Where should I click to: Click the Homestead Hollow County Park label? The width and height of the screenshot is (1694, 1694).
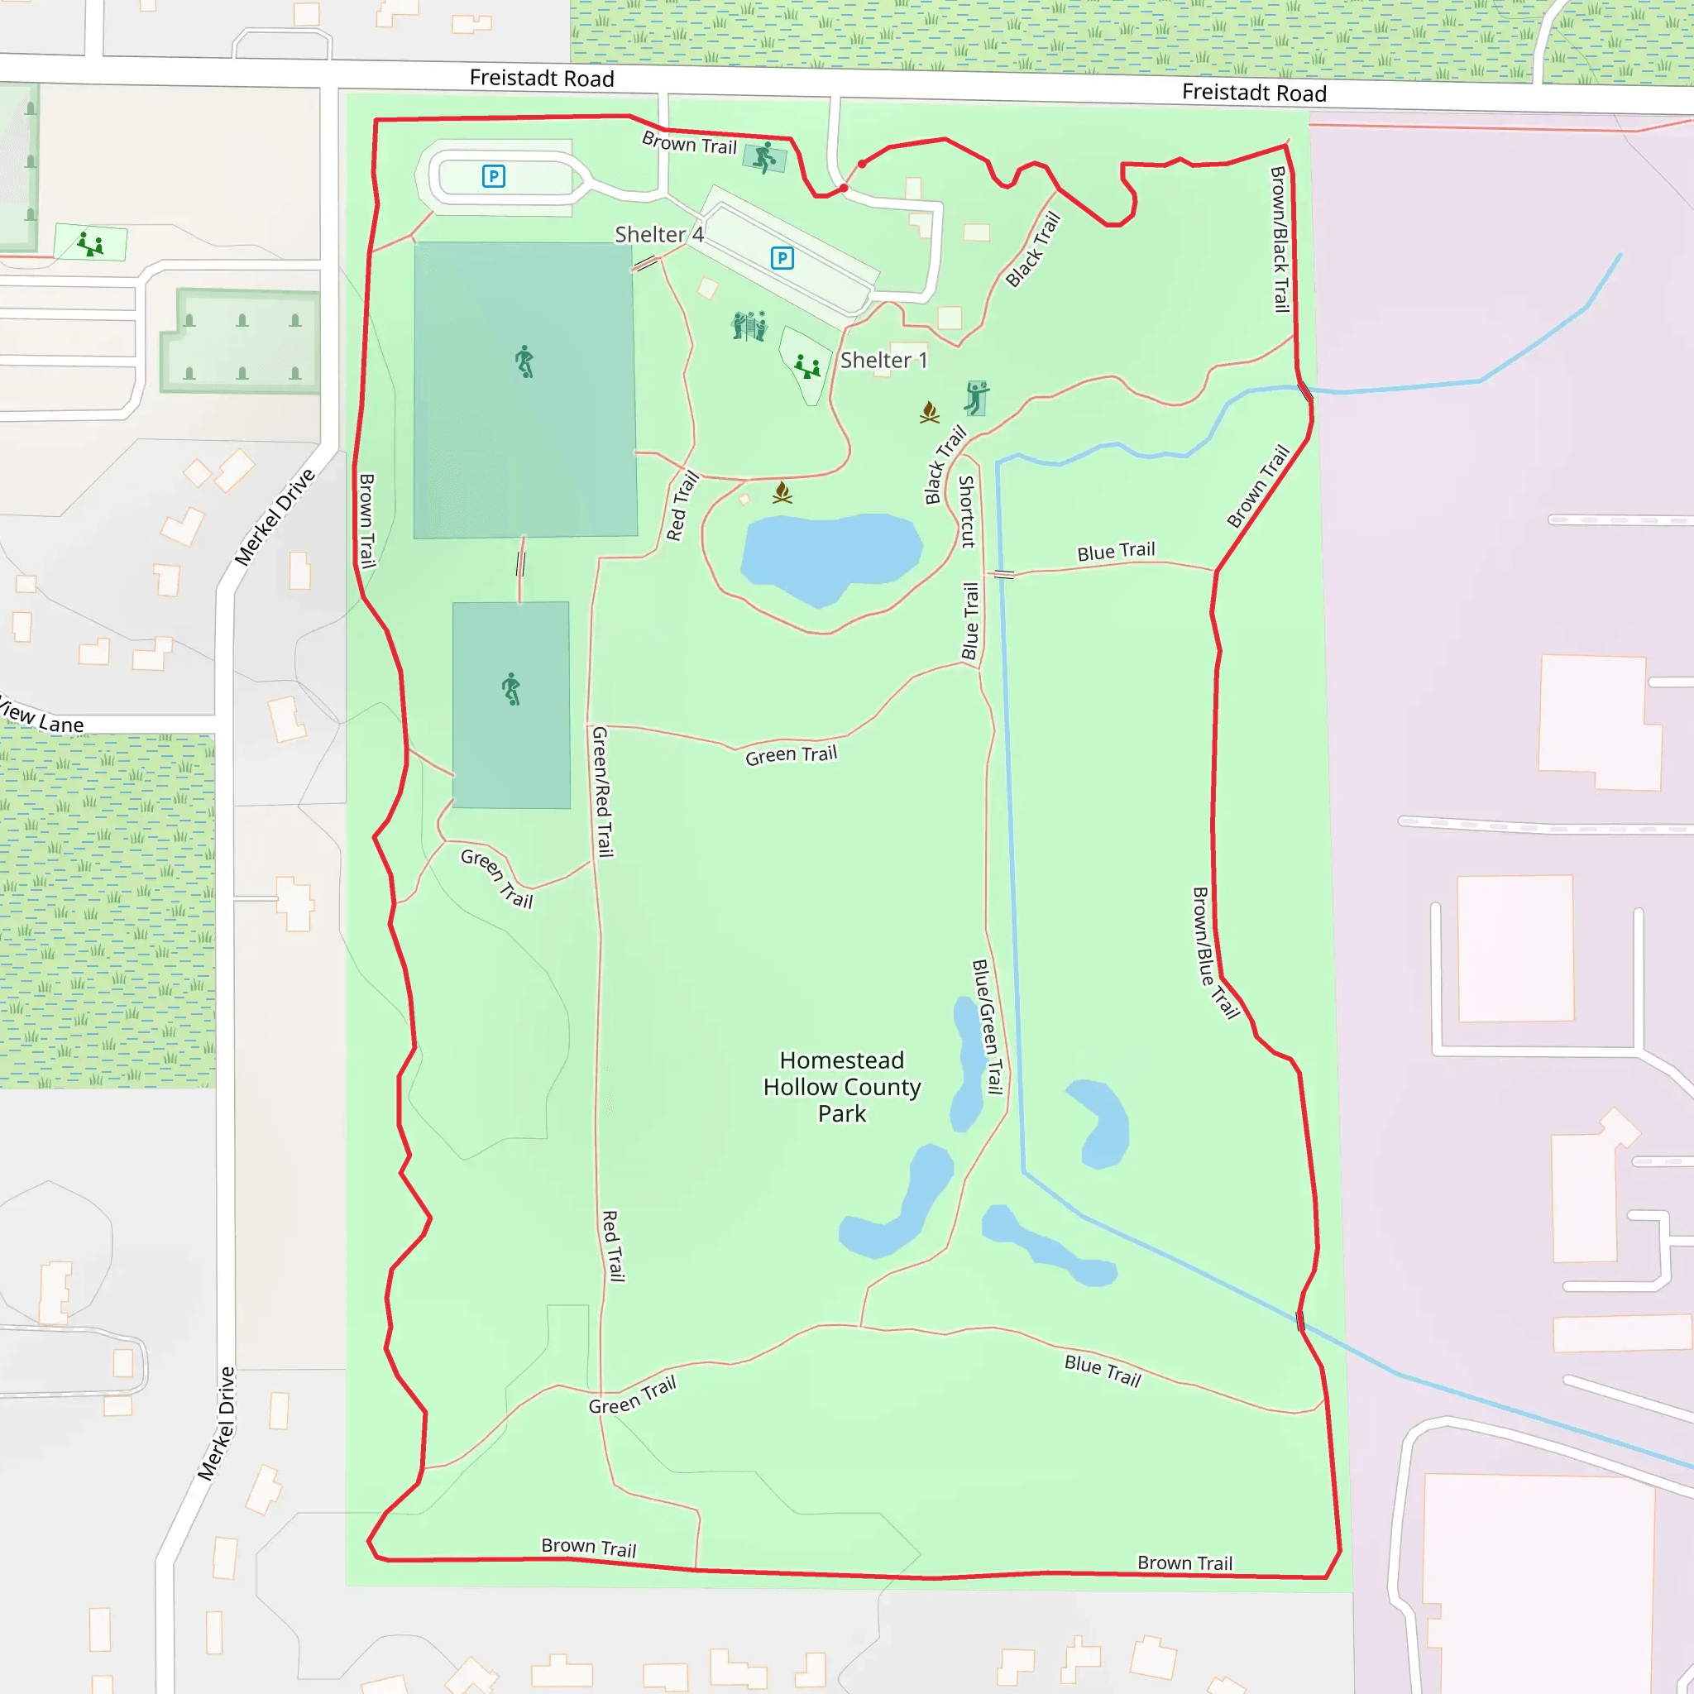tap(842, 1086)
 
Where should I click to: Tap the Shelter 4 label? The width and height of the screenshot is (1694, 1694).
tap(658, 234)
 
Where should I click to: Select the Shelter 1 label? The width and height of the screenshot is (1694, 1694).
tap(883, 361)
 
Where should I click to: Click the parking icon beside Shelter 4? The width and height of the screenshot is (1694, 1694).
tap(782, 258)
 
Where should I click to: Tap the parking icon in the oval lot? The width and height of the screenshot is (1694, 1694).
tap(494, 176)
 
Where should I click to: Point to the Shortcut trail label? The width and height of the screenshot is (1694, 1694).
tap(967, 511)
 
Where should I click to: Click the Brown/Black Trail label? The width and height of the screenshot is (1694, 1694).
tap(1280, 238)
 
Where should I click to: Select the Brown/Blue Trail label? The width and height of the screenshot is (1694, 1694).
tap(1215, 953)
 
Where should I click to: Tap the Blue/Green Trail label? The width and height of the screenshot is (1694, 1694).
tap(988, 1026)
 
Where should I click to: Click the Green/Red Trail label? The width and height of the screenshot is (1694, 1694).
tap(602, 791)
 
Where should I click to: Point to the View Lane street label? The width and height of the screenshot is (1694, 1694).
tap(41, 716)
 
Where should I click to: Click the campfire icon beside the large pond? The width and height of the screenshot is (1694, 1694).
tap(782, 493)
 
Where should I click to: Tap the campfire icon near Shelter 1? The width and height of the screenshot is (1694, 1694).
tap(930, 411)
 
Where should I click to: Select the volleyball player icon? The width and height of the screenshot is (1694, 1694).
tap(976, 397)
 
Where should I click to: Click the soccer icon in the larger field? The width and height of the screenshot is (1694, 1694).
tap(524, 361)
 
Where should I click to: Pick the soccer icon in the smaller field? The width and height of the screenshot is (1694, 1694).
tap(511, 688)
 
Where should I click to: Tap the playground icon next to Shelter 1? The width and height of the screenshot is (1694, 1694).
tap(806, 366)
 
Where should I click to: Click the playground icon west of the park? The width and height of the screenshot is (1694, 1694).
tap(90, 243)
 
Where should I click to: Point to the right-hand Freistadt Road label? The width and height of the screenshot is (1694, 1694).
tap(1253, 92)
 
